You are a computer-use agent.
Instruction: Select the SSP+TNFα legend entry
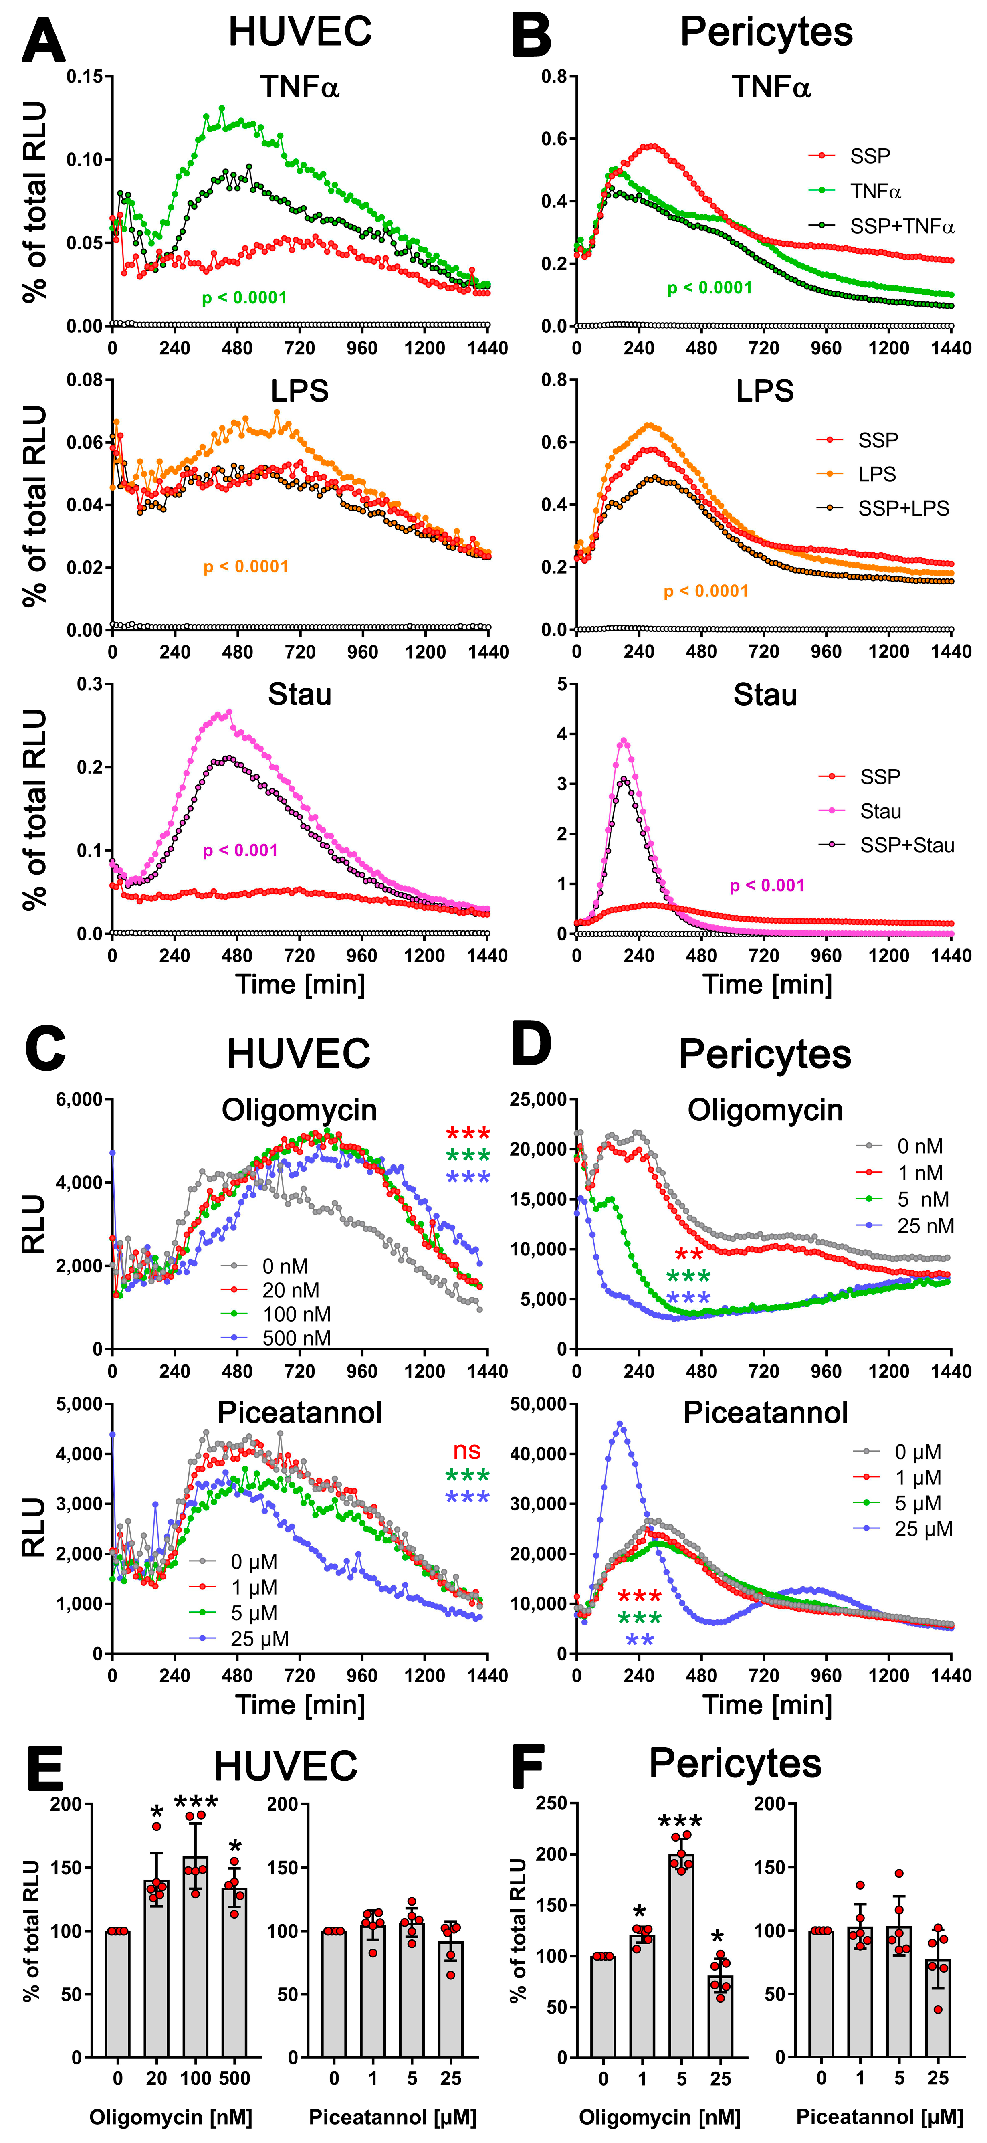pos(901,226)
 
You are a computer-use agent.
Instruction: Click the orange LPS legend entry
pos(876,474)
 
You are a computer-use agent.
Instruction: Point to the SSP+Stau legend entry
pos(906,845)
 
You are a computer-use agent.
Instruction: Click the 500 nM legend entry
pos(296,1338)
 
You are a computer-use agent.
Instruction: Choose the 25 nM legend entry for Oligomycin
pos(924,1225)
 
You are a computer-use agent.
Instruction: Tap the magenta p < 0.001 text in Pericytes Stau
pos(767,885)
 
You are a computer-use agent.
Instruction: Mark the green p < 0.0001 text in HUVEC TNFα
pos(244,298)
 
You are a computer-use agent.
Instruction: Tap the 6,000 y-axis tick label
pos(79,1100)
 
